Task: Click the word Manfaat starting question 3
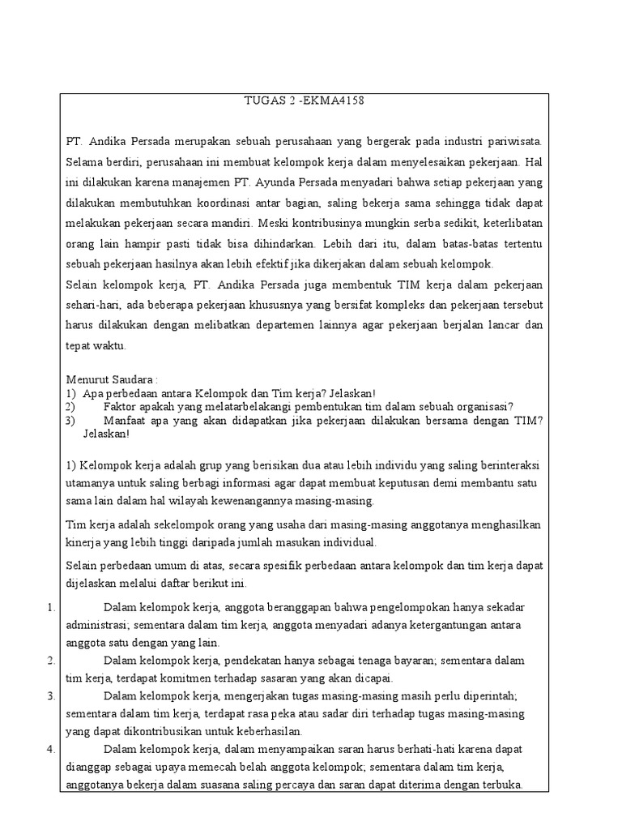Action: coord(128,420)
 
